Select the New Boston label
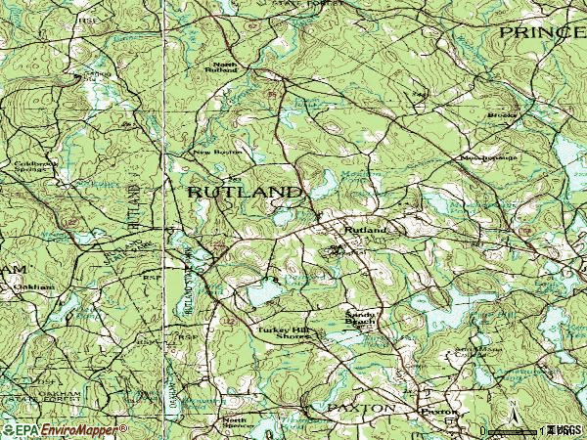coord(215,153)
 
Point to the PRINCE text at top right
coord(541,32)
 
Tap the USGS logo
coord(564,429)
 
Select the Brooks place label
coord(502,115)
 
